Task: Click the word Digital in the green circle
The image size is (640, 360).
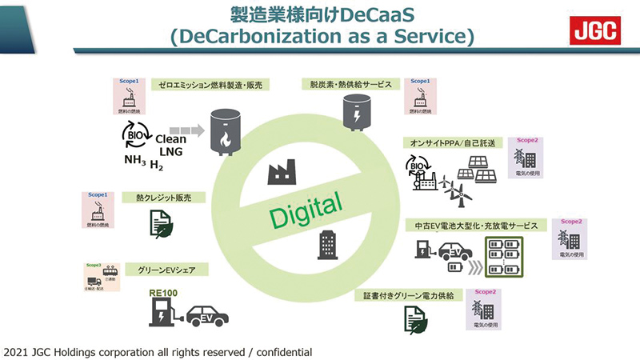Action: (305, 210)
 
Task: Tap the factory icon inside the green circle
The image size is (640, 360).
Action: (279, 172)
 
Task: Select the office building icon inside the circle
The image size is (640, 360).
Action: (327, 243)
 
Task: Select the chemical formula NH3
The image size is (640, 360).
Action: (134, 161)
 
